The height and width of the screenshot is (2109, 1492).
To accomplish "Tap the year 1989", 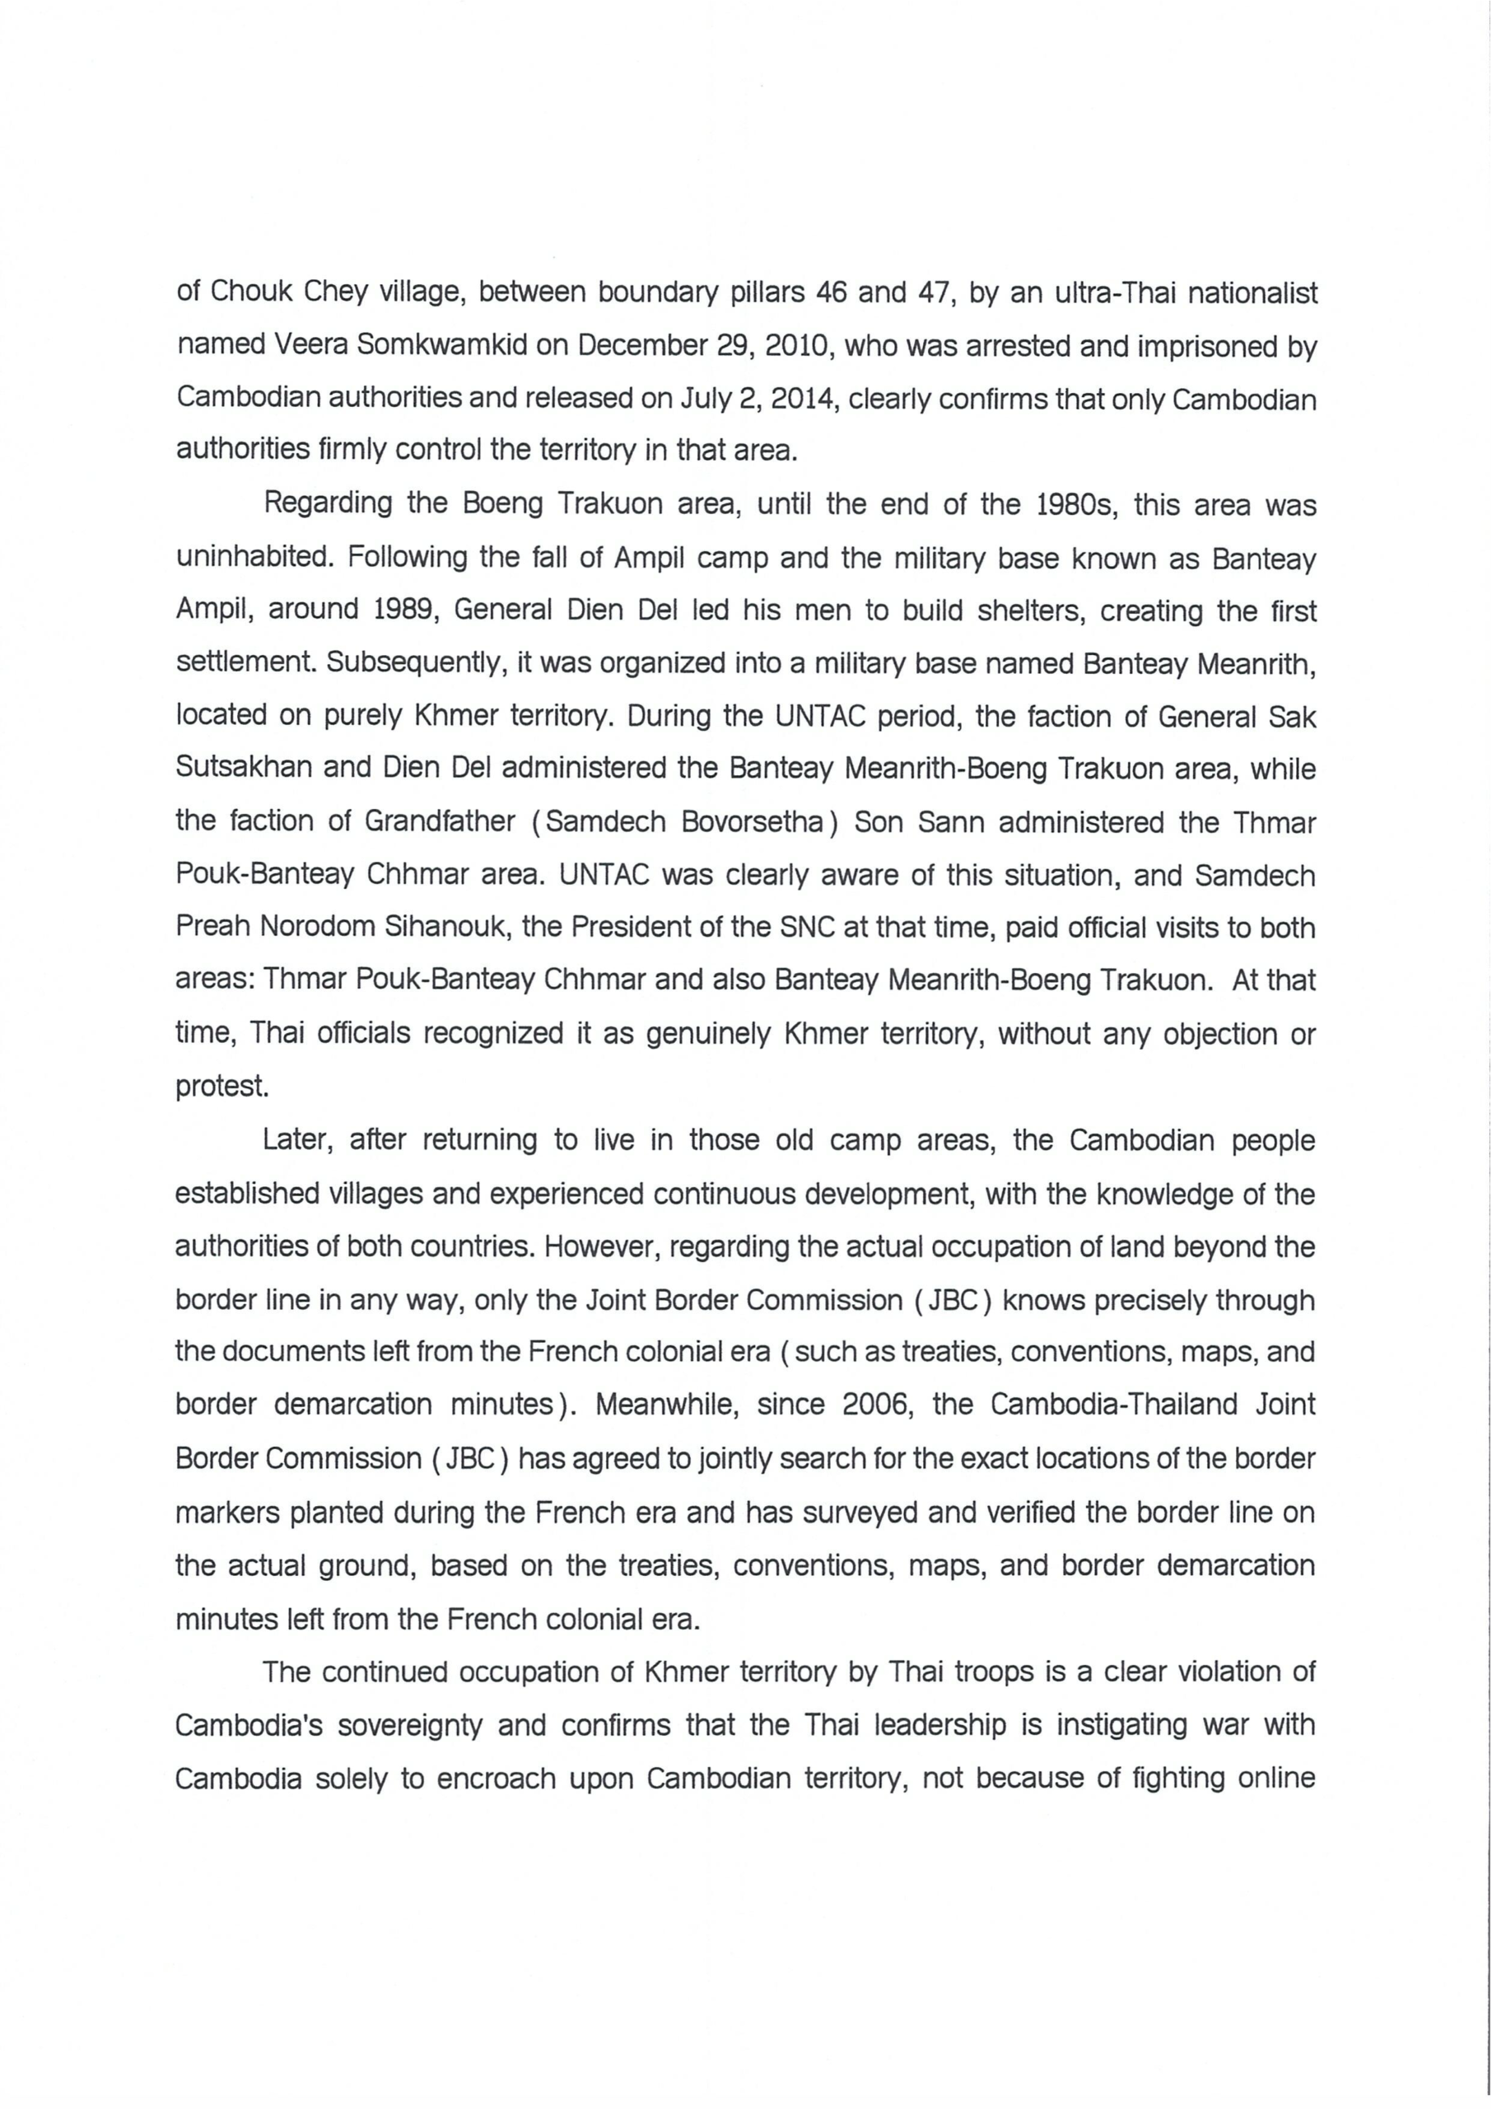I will point(397,610).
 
